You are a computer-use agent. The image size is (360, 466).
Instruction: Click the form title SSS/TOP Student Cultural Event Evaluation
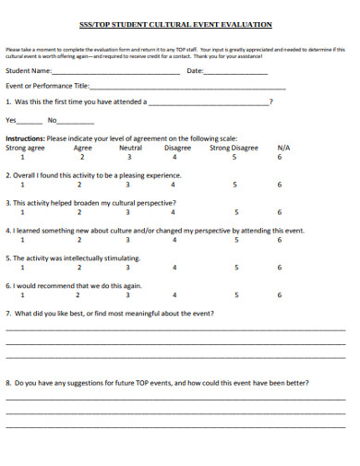tap(181, 25)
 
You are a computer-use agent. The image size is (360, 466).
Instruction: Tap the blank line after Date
tap(236, 73)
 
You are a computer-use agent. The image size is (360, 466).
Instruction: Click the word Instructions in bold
tap(24, 138)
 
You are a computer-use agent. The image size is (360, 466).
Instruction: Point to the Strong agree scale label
tap(25, 148)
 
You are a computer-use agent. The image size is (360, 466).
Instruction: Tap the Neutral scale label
tap(131, 148)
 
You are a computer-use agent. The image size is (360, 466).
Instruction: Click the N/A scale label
tap(283, 148)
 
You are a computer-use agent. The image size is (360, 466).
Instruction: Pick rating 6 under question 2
tap(281, 185)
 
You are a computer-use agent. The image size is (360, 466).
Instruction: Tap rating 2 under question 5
tap(78, 268)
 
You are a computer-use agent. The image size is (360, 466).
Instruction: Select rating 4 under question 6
tap(175, 295)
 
